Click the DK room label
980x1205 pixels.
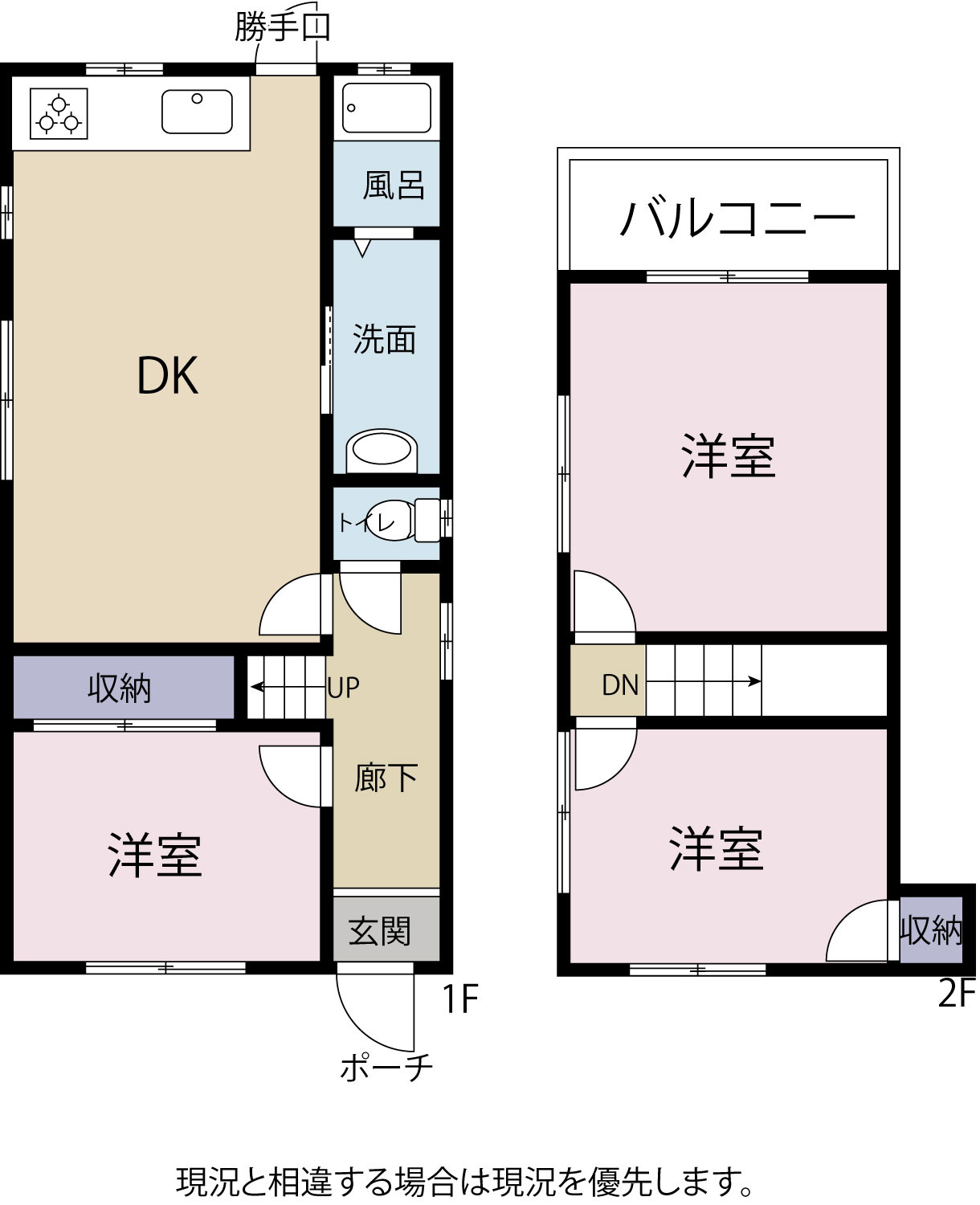(x=168, y=375)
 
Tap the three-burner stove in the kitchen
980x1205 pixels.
(x=59, y=113)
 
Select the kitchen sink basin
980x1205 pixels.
(x=197, y=112)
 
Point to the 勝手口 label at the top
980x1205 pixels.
(x=282, y=27)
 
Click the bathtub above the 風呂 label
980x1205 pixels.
(x=387, y=108)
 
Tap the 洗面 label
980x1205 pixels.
(x=385, y=339)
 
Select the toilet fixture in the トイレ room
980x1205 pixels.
(x=405, y=520)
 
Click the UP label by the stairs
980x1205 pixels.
(x=343, y=688)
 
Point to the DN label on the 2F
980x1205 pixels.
(x=620, y=685)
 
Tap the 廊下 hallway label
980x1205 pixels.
(x=386, y=778)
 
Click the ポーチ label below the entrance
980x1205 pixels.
(x=386, y=1067)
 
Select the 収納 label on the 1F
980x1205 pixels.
(x=120, y=688)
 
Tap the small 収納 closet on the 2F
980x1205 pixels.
(x=931, y=929)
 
